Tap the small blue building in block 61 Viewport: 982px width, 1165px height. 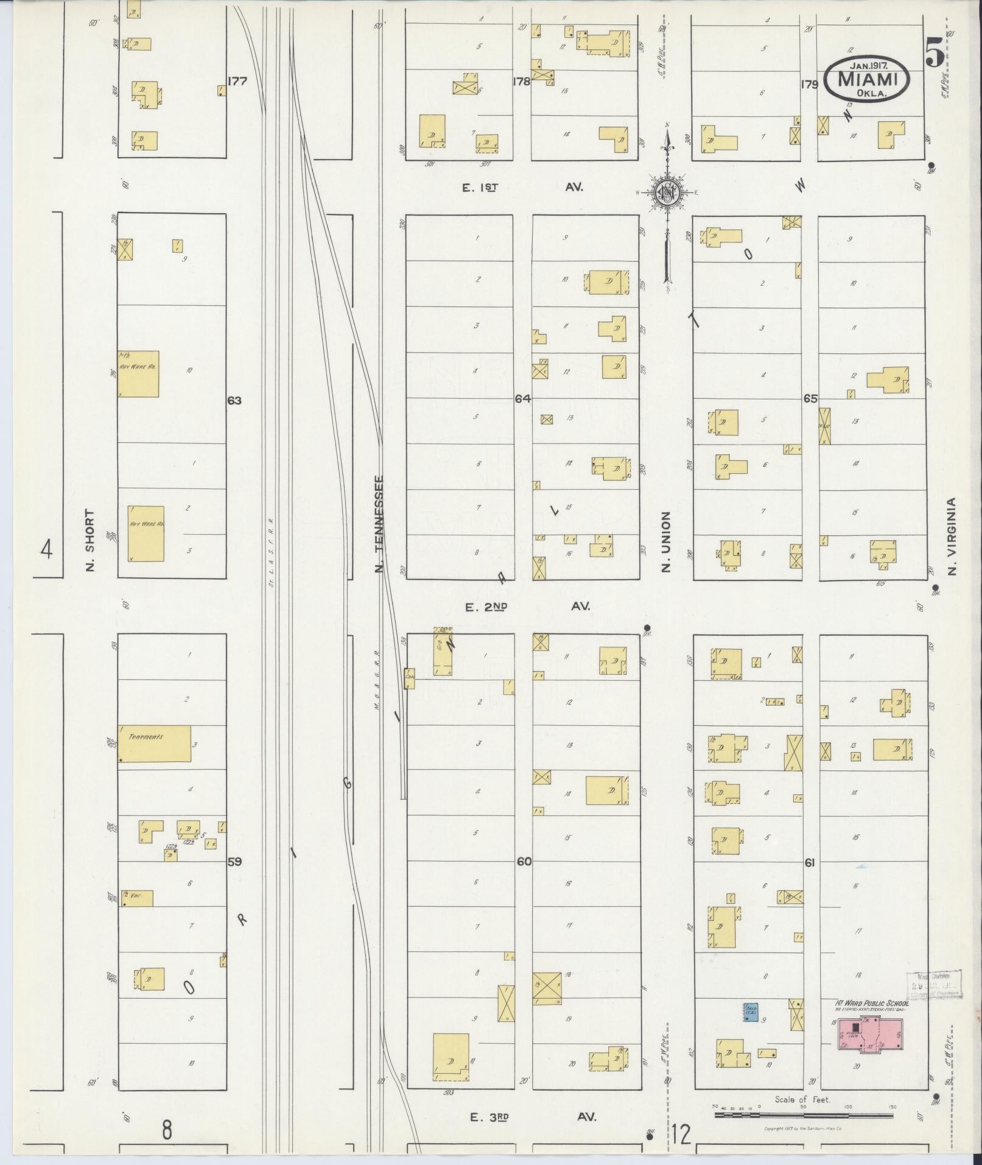click(x=751, y=1011)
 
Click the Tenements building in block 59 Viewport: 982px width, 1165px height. click(x=155, y=743)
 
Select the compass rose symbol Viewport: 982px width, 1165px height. click(x=667, y=194)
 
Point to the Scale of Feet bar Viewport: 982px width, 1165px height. click(x=804, y=1114)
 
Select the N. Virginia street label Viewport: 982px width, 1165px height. click(x=953, y=536)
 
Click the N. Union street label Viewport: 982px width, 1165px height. click(x=665, y=541)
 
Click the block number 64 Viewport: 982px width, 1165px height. click(x=523, y=399)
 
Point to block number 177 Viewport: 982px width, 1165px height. click(x=237, y=80)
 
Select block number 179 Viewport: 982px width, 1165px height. click(x=810, y=85)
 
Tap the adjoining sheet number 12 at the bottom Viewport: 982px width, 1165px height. click(x=683, y=1135)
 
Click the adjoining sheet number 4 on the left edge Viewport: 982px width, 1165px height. click(x=47, y=549)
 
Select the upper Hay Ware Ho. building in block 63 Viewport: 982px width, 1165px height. click(x=138, y=374)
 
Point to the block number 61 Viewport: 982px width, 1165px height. click(x=809, y=862)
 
